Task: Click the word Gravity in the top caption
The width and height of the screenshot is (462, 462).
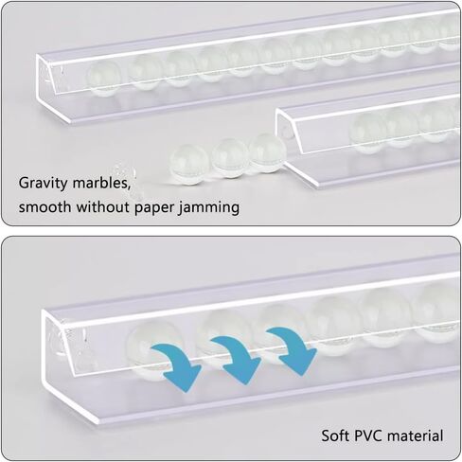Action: coord(43,183)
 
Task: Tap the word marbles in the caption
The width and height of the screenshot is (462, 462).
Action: coord(101,183)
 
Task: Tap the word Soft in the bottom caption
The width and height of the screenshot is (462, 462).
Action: coord(335,435)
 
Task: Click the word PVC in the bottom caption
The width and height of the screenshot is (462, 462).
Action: coord(368,435)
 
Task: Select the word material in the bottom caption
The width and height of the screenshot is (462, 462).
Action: coord(416,435)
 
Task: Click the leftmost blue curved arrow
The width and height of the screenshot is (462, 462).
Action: coord(178,363)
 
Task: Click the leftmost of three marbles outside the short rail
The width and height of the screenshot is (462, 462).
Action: coord(188,164)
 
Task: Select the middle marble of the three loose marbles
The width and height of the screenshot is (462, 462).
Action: coord(230,158)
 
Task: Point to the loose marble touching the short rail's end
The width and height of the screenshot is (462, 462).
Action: coord(267,152)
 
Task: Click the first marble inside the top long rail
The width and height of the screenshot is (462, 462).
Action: coord(104,79)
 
